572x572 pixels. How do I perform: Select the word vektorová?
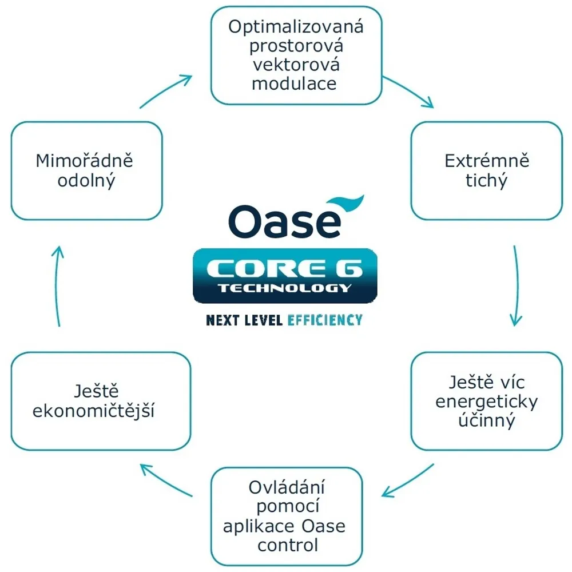[296, 65]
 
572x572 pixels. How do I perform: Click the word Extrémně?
[487, 161]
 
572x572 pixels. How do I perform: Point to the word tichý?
[487, 181]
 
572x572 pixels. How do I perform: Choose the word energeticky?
[487, 402]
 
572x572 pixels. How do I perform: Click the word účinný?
[487, 421]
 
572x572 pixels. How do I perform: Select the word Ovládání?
[287, 488]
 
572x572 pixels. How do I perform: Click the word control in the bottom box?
[288, 545]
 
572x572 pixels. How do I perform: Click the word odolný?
[86, 181]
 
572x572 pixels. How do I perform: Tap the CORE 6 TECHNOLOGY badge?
[285, 275]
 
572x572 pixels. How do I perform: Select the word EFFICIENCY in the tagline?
[325, 320]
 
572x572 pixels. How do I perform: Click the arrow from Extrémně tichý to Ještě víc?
[516, 286]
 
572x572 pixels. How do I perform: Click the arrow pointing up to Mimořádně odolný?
[58, 286]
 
